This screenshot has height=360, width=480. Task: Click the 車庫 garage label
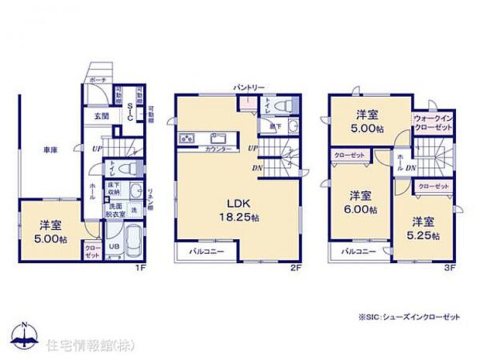point(51,149)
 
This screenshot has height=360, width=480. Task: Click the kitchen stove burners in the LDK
point(188,139)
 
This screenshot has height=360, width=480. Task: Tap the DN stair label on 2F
point(255,167)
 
